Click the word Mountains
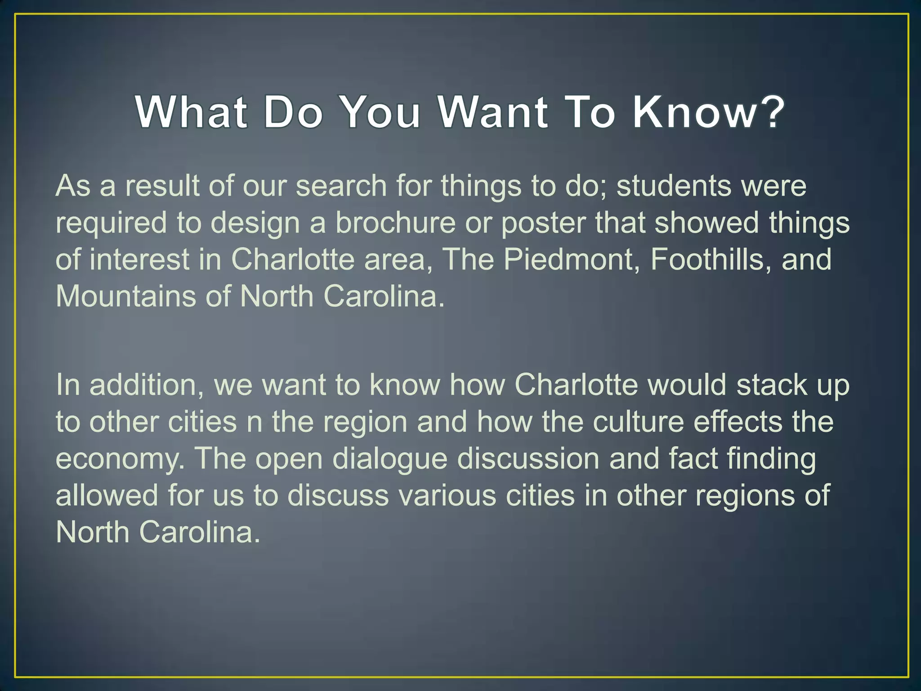click(126, 296)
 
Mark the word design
click(255, 224)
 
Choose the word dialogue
click(390, 460)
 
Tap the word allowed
click(107, 496)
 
